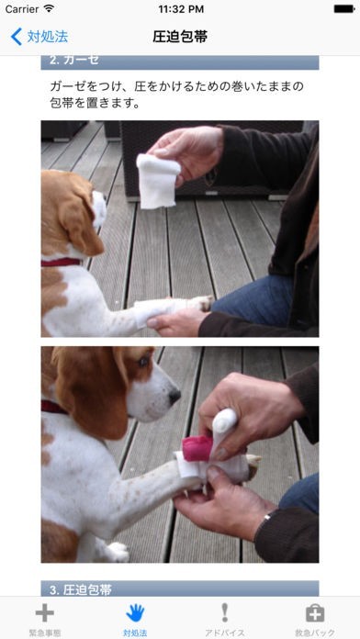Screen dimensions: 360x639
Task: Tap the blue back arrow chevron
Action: coord(17,37)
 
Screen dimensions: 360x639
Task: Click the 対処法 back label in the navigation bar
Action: coord(47,37)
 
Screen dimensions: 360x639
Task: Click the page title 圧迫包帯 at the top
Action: coord(180,37)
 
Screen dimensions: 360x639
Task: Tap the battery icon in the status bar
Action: coord(344,8)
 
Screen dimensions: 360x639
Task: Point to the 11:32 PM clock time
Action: coord(180,9)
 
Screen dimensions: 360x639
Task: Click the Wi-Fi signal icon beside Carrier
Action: coord(49,8)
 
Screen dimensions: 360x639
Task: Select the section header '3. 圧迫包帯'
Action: coord(81,589)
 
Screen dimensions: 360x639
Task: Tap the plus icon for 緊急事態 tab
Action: coord(45,613)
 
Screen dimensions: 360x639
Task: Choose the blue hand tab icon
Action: coord(135,613)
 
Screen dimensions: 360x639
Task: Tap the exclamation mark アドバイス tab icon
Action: coord(225,613)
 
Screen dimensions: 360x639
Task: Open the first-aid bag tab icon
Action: coord(315,613)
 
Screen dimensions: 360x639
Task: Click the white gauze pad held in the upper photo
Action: coord(158,181)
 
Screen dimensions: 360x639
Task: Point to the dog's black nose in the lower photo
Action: coord(174,396)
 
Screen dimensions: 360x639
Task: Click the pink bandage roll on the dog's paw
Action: coord(197,448)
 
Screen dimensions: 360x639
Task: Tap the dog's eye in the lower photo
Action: coord(142,362)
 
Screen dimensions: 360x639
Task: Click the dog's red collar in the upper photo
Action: coord(62,262)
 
